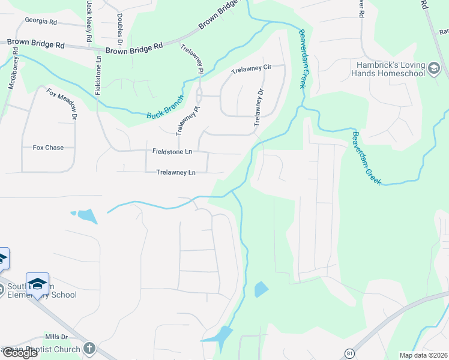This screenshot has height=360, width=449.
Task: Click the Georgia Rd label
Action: click(40, 21)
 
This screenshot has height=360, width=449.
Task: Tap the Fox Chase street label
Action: click(47, 147)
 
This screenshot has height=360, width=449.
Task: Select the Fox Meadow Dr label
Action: click(63, 103)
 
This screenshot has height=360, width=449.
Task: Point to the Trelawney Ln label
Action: click(176, 172)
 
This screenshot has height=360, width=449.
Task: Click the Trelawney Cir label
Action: click(252, 68)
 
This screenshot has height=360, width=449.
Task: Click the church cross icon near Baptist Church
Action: click(89, 348)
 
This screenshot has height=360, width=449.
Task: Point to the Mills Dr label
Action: click(57, 337)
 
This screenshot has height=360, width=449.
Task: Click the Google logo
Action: click(20, 353)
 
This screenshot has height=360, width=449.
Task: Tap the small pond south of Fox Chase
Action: click(86, 215)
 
